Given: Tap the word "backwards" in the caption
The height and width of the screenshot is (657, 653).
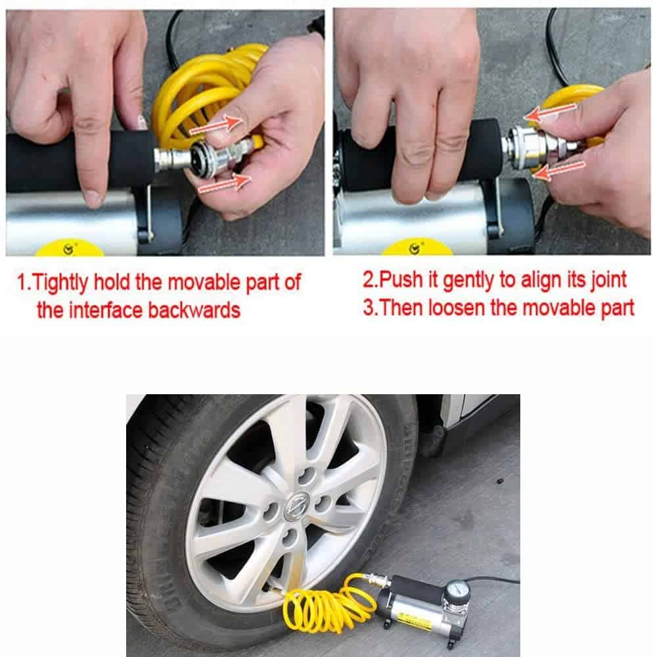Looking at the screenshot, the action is (194, 310).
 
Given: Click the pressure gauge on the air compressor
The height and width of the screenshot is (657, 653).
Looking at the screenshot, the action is (458, 595).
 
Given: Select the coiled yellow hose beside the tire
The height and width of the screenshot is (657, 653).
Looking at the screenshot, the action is (331, 601).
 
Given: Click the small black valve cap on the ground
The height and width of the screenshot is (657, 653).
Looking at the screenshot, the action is (499, 481).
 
